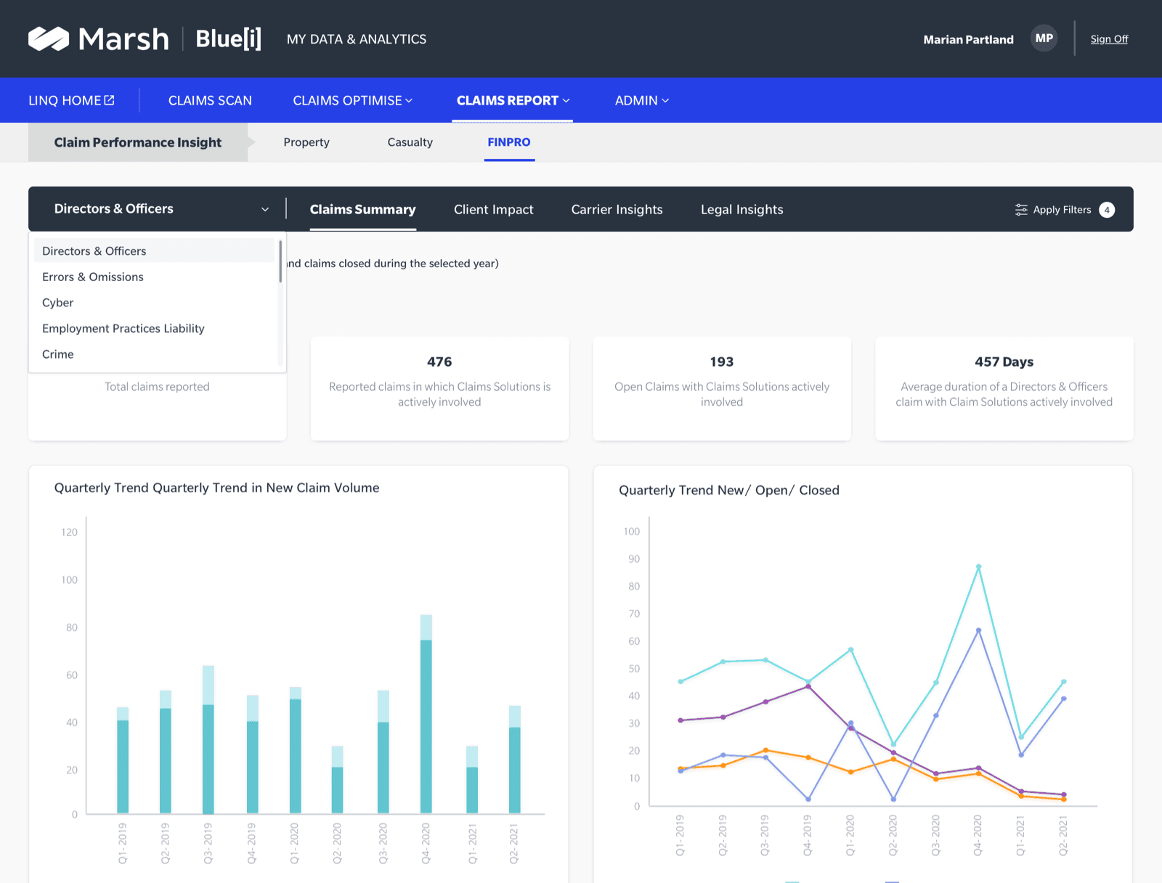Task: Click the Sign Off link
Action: coord(1108,39)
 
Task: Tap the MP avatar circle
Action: coord(1044,38)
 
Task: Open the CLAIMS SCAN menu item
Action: coord(210,100)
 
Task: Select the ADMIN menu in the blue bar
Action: coord(641,100)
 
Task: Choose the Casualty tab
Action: coord(410,142)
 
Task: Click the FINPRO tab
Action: coord(509,142)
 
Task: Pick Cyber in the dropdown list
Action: coord(57,303)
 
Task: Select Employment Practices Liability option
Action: coord(123,328)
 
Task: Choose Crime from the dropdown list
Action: coord(57,354)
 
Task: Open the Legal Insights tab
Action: coord(742,210)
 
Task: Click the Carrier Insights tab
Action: coord(617,210)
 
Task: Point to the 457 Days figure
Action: coord(1004,362)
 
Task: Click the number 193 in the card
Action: coord(722,362)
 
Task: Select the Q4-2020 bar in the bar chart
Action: coord(426,714)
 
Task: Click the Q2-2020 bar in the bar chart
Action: coord(337,779)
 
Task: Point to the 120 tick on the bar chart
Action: coord(69,532)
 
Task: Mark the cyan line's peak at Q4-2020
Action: coord(978,566)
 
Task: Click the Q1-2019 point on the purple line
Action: coord(680,720)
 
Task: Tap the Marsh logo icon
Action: coord(49,38)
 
